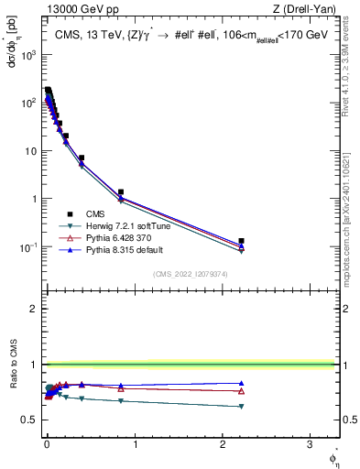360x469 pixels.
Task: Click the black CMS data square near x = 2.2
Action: pyautogui.click(x=241, y=241)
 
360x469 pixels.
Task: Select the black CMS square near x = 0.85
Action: pyautogui.click(x=121, y=192)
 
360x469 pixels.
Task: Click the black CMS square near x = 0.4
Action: pyautogui.click(x=82, y=158)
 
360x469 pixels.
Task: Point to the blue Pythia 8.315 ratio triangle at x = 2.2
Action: pyautogui.click(x=241, y=383)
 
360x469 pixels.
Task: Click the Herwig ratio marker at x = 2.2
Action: pyautogui.click(x=241, y=406)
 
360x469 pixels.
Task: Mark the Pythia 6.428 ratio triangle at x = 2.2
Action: pyautogui.click(x=241, y=391)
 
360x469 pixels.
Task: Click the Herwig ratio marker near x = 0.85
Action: pyautogui.click(x=121, y=401)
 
